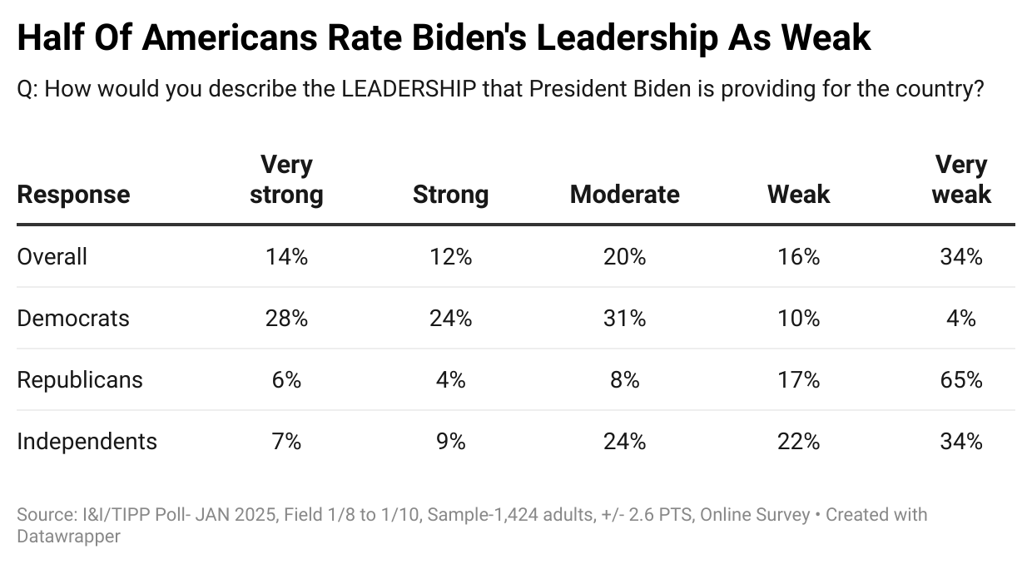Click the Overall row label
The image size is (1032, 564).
click(52, 256)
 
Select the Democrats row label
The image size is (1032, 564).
click(73, 318)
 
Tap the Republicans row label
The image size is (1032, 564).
click(80, 379)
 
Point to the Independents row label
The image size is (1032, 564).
click(87, 441)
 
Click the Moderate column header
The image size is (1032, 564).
click(624, 195)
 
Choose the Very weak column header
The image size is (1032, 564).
click(961, 180)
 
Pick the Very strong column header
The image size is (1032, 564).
click(286, 180)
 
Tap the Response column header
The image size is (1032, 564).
click(73, 195)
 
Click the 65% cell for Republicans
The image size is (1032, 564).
click(961, 379)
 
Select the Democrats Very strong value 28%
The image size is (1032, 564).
click(286, 318)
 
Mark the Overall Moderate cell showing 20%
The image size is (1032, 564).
click(624, 256)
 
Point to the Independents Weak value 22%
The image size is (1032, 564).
click(799, 441)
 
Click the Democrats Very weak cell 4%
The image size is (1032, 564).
click(961, 318)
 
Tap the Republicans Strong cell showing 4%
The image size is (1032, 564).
click(450, 379)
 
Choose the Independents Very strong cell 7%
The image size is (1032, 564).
click(286, 441)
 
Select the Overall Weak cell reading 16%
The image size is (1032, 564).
click(799, 256)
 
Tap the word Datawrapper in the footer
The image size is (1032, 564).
click(68, 537)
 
